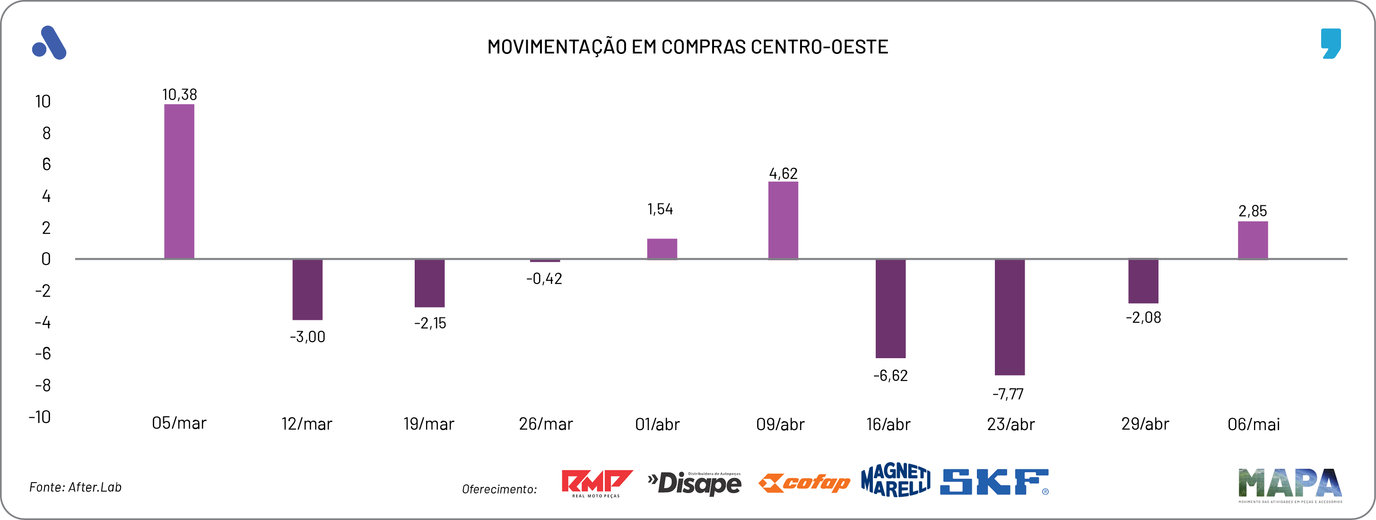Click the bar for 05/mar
tap(179, 182)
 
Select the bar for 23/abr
tap(1010, 317)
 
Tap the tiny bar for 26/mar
tap(545, 261)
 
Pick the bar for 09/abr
tap(783, 220)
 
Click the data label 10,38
tap(180, 95)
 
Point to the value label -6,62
tap(890, 376)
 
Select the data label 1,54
tap(660, 209)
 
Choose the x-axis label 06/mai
tap(1254, 424)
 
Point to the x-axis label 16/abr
tap(888, 424)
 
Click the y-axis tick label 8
tap(46, 133)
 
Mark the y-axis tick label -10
tap(40, 417)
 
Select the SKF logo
tap(994, 482)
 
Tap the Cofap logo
tap(804, 483)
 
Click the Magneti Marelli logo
tap(895, 480)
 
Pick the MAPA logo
tap(1289, 484)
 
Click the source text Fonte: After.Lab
tap(75, 487)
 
